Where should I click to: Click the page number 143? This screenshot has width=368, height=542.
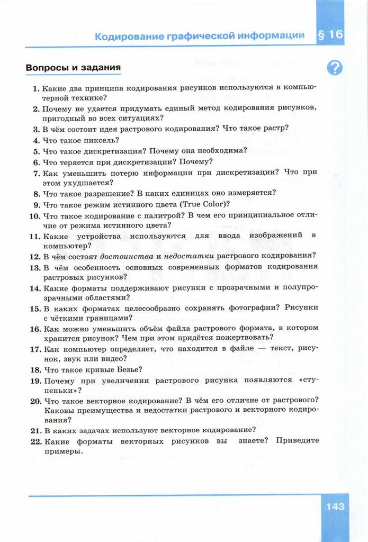pos(335,507)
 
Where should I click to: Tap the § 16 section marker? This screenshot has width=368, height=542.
pos(330,35)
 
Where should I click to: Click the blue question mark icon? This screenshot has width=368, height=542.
pos(335,68)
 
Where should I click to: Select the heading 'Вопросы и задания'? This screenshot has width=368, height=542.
pos(73,68)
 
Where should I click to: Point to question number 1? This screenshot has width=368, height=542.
pos(36,87)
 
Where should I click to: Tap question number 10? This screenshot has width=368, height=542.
pos(34,215)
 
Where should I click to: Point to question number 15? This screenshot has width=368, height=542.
pos(35,308)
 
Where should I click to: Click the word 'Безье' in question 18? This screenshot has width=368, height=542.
pos(130,369)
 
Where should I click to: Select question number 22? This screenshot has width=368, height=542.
pos(35,441)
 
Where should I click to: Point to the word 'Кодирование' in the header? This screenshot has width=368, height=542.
pos(123,36)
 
